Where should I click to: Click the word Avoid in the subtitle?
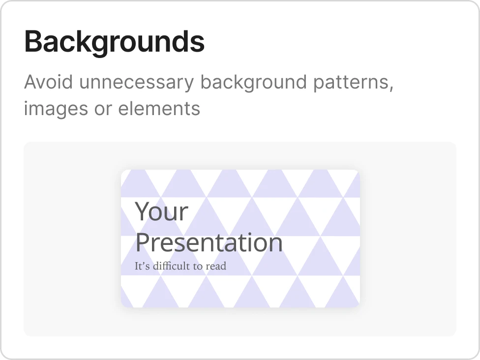click(x=49, y=82)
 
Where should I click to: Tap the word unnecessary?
click(x=137, y=83)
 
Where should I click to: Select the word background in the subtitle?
click(x=253, y=83)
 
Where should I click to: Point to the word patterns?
click(x=353, y=83)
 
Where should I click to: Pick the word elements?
click(x=159, y=108)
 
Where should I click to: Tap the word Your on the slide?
click(x=161, y=211)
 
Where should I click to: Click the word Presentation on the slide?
click(x=209, y=242)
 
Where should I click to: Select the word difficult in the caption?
click(x=172, y=266)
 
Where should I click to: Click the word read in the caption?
click(x=216, y=266)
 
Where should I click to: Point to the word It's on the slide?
click(x=142, y=266)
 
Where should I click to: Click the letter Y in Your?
click(x=142, y=211)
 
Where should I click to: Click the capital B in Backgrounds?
click(x=33, y=41)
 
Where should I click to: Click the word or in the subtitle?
click(x=103, y=110)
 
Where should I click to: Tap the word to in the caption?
click(x=198, y=267)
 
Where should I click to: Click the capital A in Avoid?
click(x=31, y=82)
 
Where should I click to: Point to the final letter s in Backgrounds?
click(x=198, y=44)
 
